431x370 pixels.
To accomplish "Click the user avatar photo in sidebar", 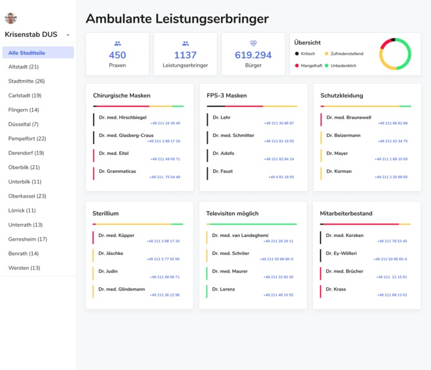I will [x=10, y=18].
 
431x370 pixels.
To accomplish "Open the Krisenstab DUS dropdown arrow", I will [x=68, y=36].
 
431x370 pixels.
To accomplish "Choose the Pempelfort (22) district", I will [x=27, y=138].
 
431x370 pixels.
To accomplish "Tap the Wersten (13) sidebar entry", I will [x=24, y=267].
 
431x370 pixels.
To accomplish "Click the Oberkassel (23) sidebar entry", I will [x=27, y=196].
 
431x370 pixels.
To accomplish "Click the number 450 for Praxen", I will [x=117, y=56].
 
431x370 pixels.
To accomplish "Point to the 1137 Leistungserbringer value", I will [x=185, y=56].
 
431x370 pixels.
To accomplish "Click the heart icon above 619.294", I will [x=253, y=43].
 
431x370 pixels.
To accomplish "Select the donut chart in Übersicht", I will [x=395, y=54].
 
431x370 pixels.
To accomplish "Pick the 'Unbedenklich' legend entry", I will [x=343, y=65].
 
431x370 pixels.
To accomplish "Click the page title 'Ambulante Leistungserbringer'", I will [x=177, y=19].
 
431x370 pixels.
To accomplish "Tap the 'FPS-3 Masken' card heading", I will [x=226, y=96].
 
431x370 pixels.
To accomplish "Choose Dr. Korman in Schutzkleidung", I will [x=339, y=171].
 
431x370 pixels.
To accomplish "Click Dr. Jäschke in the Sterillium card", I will [x=111, y=253].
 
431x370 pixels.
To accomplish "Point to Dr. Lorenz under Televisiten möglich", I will [x=223, y=289].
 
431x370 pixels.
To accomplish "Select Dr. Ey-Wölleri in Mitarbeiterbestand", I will [x=341, y=253].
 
